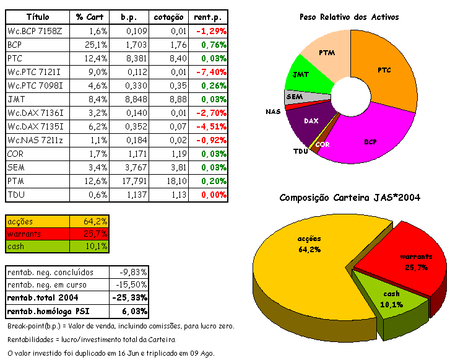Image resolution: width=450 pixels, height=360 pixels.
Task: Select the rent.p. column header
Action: pos(210,16)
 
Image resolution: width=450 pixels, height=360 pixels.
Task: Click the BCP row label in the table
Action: pos(15,45)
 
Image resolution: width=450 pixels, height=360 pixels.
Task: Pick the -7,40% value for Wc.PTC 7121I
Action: pos(210,72)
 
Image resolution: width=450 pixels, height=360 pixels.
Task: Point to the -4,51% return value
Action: pos(210,127)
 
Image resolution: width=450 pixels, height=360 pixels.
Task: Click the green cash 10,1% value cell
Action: pos(96,246)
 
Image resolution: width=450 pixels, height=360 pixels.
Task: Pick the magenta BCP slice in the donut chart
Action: pos(371,139)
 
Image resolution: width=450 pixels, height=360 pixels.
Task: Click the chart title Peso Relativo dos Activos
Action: pos(349,17)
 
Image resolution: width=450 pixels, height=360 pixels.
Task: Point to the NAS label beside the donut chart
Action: pos(273,112)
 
